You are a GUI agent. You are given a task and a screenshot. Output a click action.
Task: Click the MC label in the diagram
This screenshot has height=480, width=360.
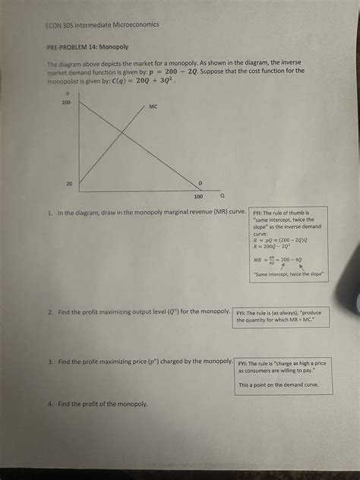click(153, 107)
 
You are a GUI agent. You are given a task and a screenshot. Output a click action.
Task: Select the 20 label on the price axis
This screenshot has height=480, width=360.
click(69, 183)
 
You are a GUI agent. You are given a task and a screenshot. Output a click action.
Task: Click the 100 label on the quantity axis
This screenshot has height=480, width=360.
click(198, 196)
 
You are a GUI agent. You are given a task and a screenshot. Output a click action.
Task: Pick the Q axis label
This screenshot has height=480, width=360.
click(221, 195)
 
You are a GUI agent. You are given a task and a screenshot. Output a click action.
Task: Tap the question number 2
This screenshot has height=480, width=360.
click(49, 311)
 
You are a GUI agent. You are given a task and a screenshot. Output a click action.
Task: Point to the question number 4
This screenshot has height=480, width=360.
click(49, 403)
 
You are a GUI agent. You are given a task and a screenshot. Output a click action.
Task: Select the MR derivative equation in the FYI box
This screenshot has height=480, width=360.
click(278, 258)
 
